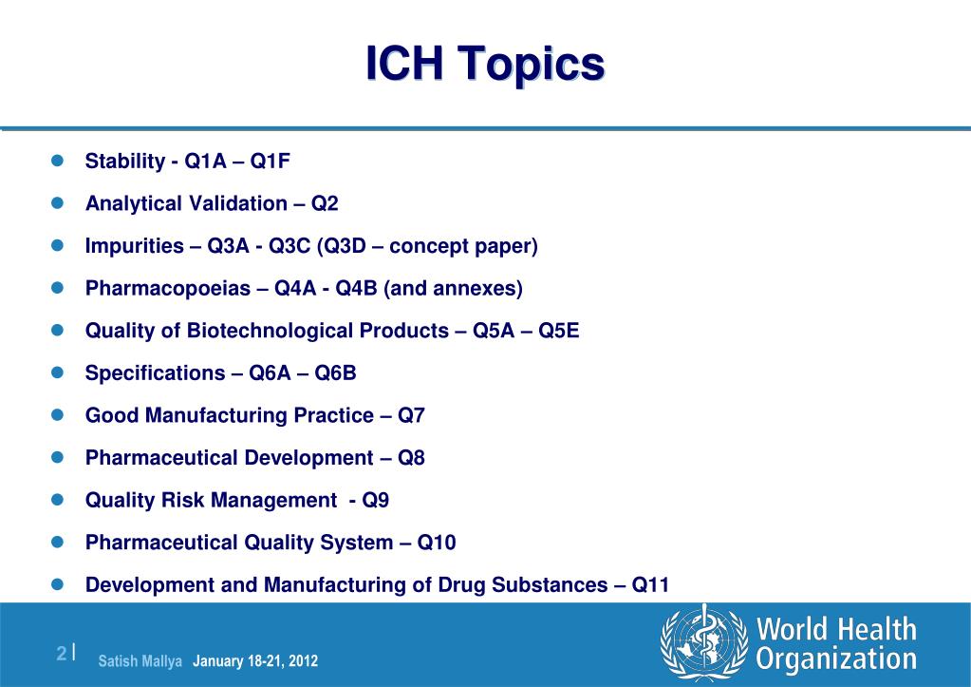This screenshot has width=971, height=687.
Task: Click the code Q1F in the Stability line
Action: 270,162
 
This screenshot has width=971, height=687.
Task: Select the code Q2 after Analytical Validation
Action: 325,203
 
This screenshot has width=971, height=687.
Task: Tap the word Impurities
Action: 135,246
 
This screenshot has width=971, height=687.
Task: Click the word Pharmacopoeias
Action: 168,288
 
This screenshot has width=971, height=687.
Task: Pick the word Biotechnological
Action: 318,331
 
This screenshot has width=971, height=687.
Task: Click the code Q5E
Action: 558,331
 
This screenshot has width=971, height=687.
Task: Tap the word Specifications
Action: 155,373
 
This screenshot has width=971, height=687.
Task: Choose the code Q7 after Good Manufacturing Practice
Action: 411,415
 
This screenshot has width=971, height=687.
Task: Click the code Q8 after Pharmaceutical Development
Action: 411,458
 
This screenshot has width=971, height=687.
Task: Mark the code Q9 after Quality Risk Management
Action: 375,500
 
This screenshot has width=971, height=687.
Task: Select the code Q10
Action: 437,543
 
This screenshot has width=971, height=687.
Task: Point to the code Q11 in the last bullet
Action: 650,584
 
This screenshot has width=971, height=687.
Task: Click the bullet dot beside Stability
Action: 58,161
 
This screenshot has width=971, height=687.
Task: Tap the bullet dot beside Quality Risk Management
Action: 58,500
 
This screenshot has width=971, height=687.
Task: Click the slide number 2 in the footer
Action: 62,653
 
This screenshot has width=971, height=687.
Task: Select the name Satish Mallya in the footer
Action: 140,661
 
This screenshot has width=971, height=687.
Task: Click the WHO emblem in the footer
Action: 704,643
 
